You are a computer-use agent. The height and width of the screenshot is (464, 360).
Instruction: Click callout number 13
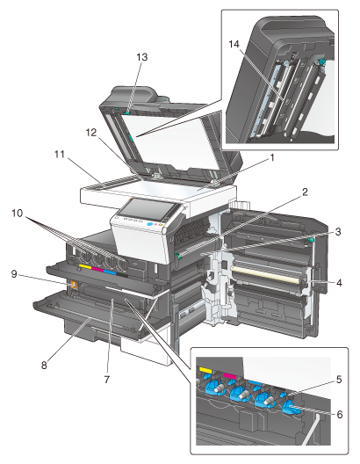(142, 57)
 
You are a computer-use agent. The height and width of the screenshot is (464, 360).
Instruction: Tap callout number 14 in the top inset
(234, 44)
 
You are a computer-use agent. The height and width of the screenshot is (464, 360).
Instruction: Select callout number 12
(91, 133)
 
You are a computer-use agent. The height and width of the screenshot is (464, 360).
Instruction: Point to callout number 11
(60, 154)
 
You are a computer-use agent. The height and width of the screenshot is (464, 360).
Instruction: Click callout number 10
(18, 213)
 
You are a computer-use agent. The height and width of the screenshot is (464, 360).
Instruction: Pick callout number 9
(14, 273)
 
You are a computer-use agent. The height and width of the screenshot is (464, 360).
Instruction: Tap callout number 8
(44, 366)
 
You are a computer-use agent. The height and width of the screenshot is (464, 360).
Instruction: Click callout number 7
(107, 379)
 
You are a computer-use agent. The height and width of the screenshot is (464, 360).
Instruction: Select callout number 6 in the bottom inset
(340, 414)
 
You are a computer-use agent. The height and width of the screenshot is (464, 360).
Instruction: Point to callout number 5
(339, 379)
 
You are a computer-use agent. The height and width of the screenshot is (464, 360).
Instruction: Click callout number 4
(339, 283)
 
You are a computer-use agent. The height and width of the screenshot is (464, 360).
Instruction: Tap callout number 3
(338, 232)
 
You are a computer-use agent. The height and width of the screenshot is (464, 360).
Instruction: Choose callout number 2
(305, 192)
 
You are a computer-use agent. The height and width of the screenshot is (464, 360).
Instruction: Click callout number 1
(272, 157)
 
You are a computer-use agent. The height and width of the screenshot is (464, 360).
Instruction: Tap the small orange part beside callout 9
(74, 285)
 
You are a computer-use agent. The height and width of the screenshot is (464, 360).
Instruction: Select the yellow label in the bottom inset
(205, 370)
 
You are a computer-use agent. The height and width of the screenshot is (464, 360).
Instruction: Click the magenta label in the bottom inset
(230, 376)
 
